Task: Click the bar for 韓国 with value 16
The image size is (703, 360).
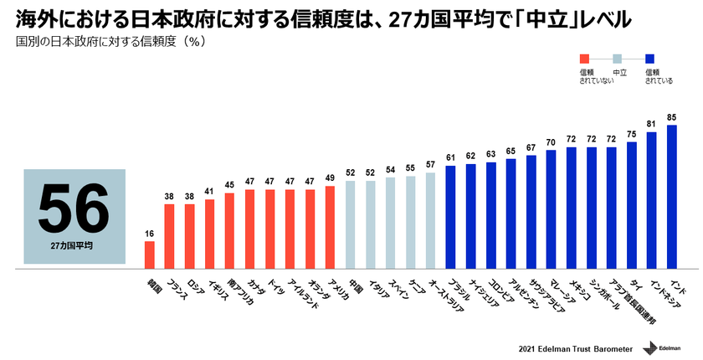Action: tap(150, 255)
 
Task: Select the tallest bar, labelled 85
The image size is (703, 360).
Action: tap(672, 197)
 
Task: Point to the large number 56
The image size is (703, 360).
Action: tap(74, 207)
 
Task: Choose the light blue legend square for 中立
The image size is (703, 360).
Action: tap(618, 59)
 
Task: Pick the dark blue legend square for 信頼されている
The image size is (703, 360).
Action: tap(650, 59)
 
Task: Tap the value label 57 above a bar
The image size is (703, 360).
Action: tap(431, 165)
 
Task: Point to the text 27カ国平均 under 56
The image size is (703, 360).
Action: tap(74, 248)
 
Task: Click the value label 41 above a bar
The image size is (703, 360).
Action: tap(210, 192)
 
